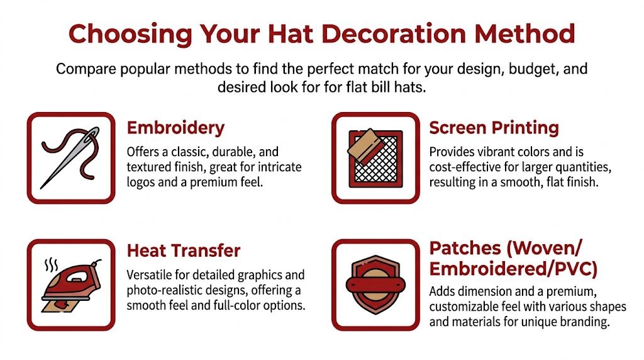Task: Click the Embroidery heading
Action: [175, 128]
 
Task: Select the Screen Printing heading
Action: [494, 128]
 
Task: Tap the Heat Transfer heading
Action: [184, 250]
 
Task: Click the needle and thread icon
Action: [70, 157]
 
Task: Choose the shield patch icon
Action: [375, 284]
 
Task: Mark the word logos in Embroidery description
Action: [143, 182]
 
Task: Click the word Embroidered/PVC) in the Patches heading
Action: [513, 269]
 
